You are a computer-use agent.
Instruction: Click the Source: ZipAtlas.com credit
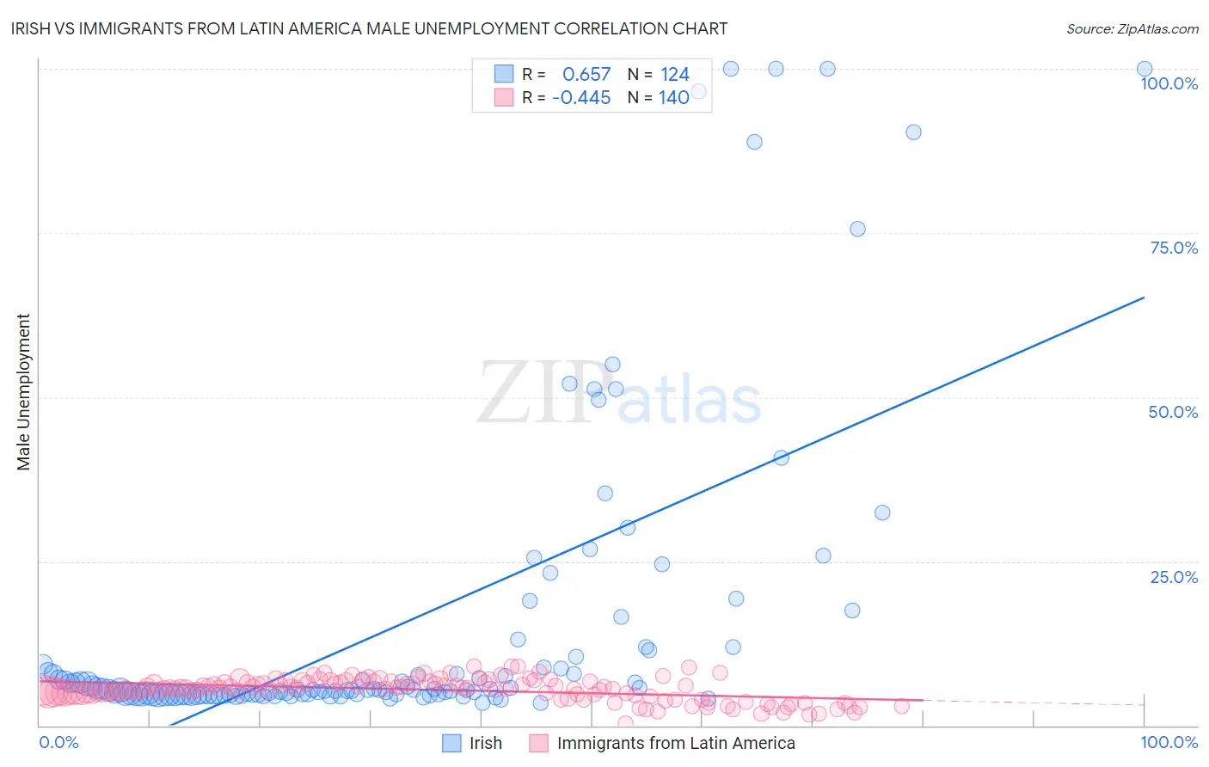point(1132,28)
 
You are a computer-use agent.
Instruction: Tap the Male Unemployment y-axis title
point(23,392)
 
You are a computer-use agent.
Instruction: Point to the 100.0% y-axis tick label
point(1169,83)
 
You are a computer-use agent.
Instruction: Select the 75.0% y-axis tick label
point(1174,248)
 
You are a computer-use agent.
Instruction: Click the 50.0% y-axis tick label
point(1173,412)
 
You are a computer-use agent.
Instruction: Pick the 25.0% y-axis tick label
point(1174,576)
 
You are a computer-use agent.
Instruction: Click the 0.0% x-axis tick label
point(58,742)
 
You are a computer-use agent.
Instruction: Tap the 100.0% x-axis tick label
point(1169,742)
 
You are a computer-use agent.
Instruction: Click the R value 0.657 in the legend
point(586,74)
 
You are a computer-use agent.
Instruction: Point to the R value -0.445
point(581,97)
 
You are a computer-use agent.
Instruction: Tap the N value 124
point(675,74)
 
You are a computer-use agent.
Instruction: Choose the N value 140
point(674,97)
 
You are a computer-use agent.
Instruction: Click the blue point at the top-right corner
point(1145,69)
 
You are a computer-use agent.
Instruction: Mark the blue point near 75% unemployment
point(857,229)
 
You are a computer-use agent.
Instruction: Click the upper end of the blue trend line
point(1144,298)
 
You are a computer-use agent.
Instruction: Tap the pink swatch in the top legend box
point(504,97)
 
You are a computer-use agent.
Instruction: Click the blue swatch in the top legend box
point(504,74)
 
